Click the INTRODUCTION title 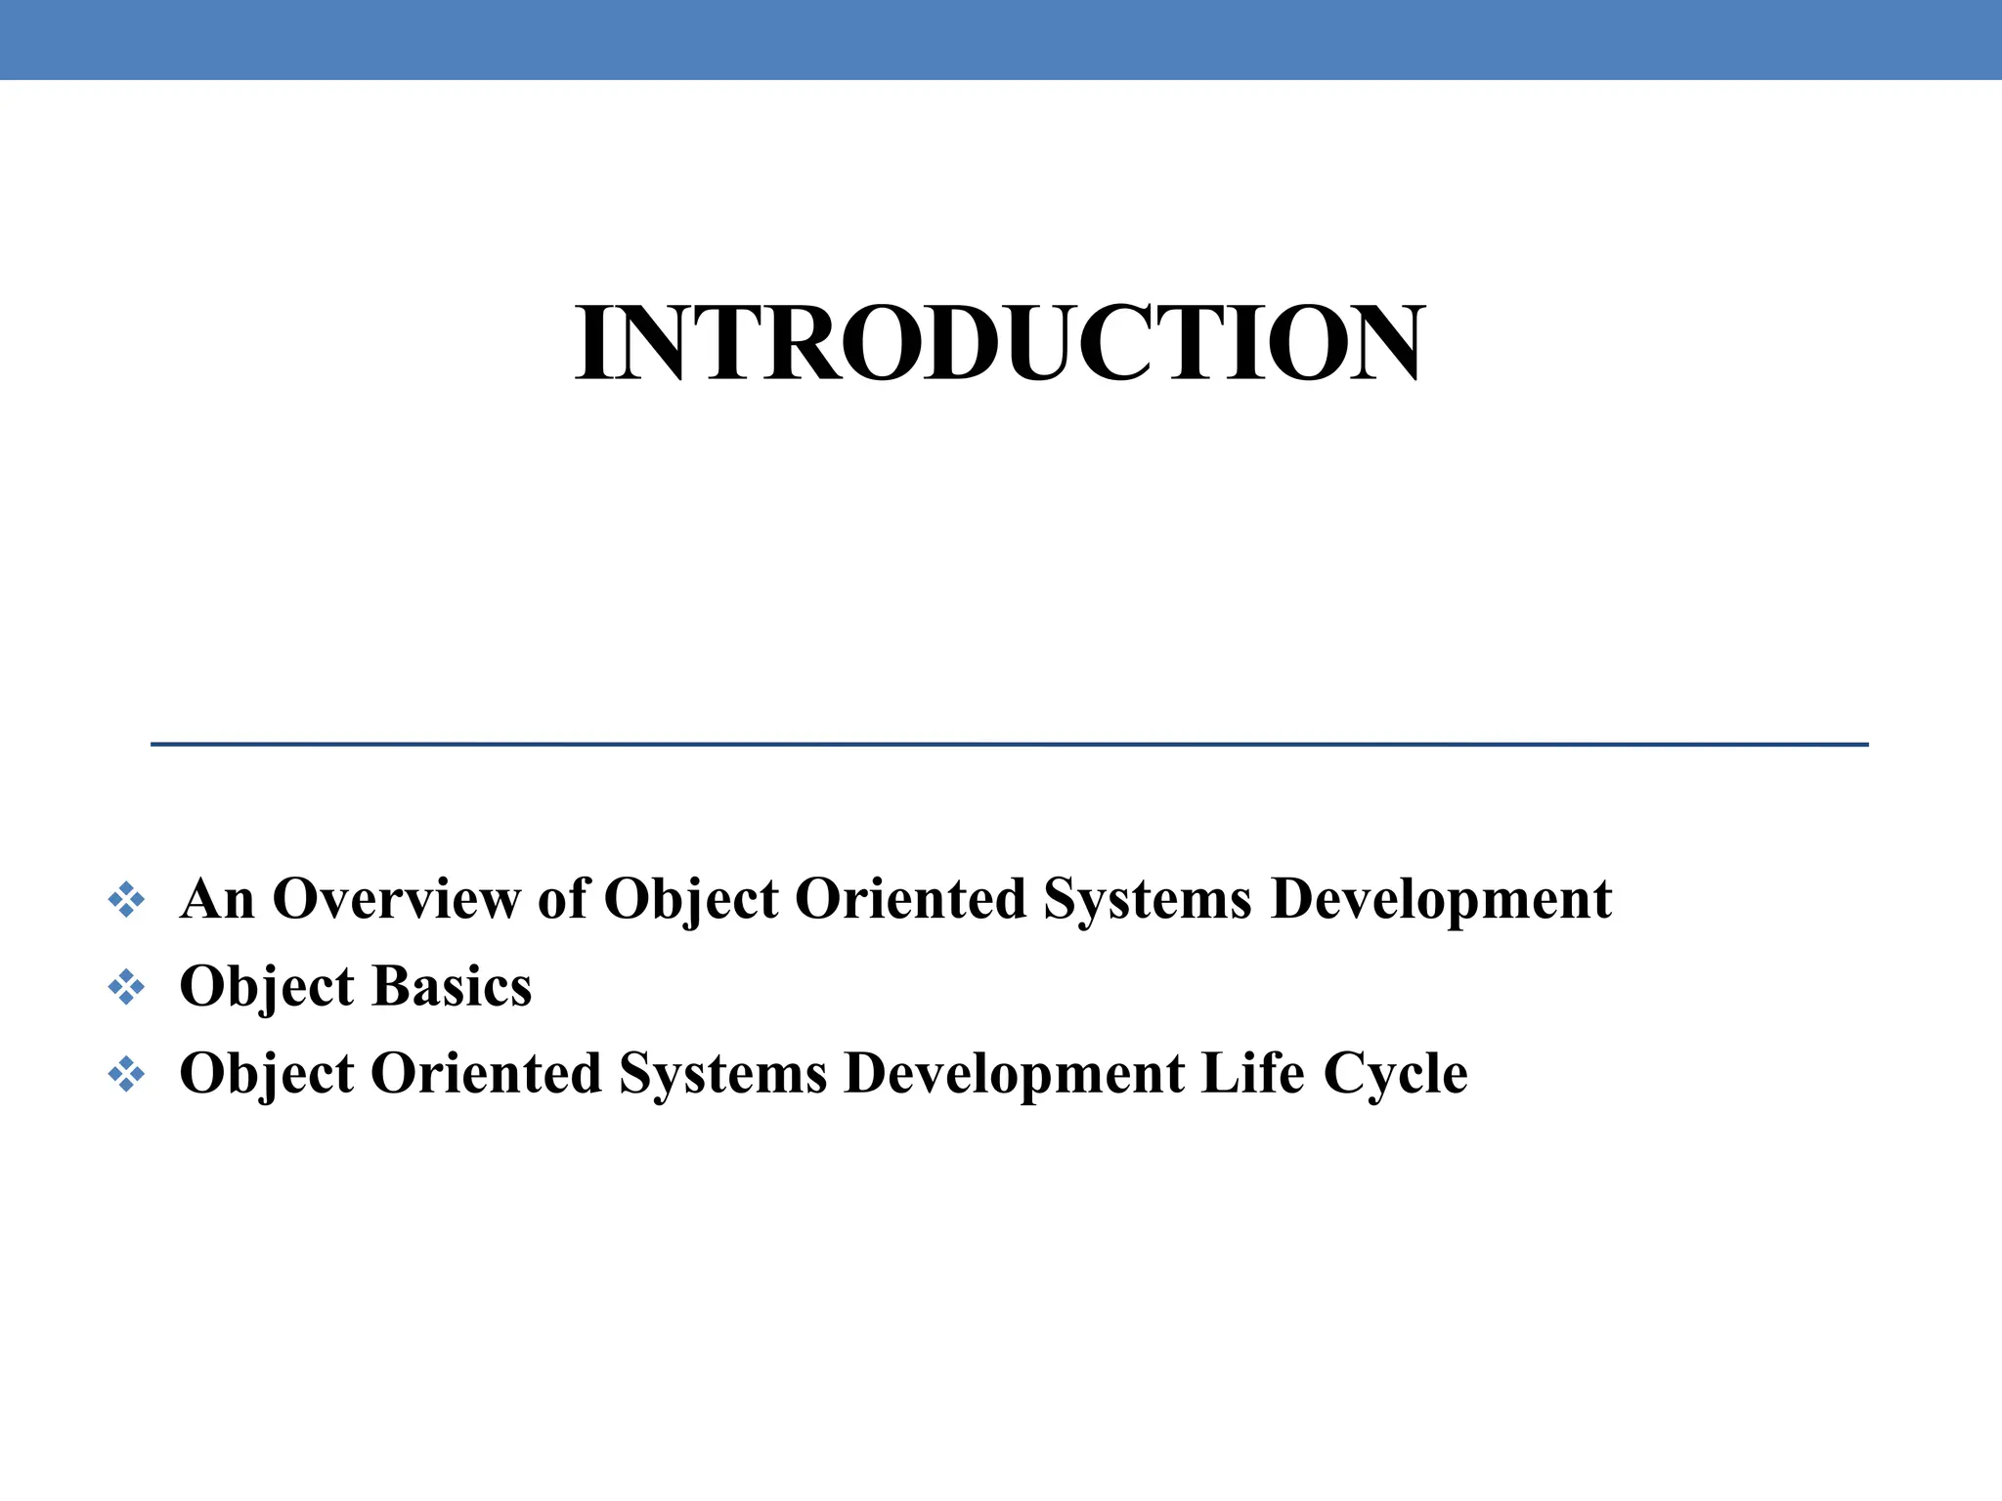click(x=999, y=344)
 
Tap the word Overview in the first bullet click(x=396, y=899)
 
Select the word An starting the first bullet click(x=217, y=899)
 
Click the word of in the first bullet click(x=563, y=899)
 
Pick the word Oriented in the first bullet click(x=910, y=899)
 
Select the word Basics click(x=452, y=986)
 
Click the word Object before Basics click(x=267, y=988)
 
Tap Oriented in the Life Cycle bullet click(x=486, y=1074)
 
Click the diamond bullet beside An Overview click(x=126, y=900)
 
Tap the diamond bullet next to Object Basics click(x=126, y=987)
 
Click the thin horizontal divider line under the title click(x=1009, y=745)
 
